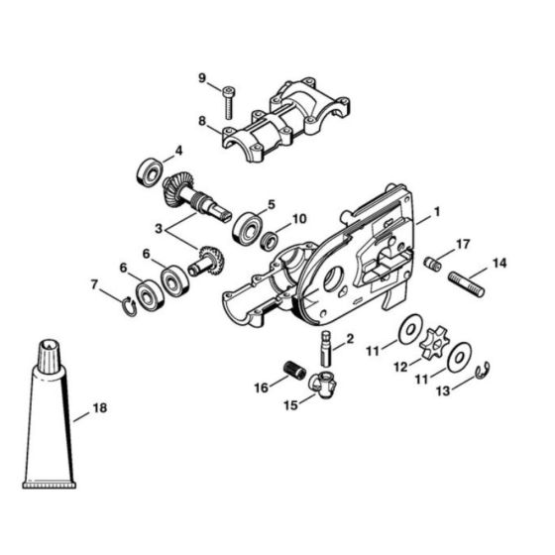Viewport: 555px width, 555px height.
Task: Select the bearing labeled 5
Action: tap(245, 228)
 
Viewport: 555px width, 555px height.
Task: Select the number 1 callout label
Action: tap(436, 212)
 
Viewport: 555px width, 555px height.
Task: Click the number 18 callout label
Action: tap(99, 407)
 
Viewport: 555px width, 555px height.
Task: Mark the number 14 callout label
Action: tap(499, 263)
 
